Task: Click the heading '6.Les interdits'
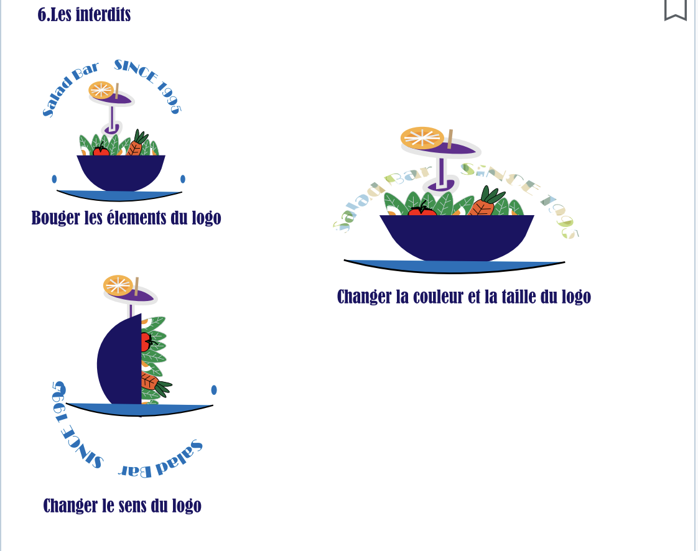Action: [84, 14]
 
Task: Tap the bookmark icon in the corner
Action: [675, 9]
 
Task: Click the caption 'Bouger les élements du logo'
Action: [126, 218]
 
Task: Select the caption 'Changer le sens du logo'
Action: [122, 506]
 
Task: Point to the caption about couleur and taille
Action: [463, 297]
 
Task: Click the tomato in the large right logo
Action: [422, 211]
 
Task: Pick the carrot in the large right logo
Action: [482, 205]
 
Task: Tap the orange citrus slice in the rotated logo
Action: [118, 285]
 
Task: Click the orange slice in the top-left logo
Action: [101, 90]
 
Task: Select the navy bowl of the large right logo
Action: [457, 236]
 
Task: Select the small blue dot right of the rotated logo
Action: [214, 390]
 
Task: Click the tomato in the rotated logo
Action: [146, 341]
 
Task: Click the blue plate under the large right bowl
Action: [454, 266]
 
